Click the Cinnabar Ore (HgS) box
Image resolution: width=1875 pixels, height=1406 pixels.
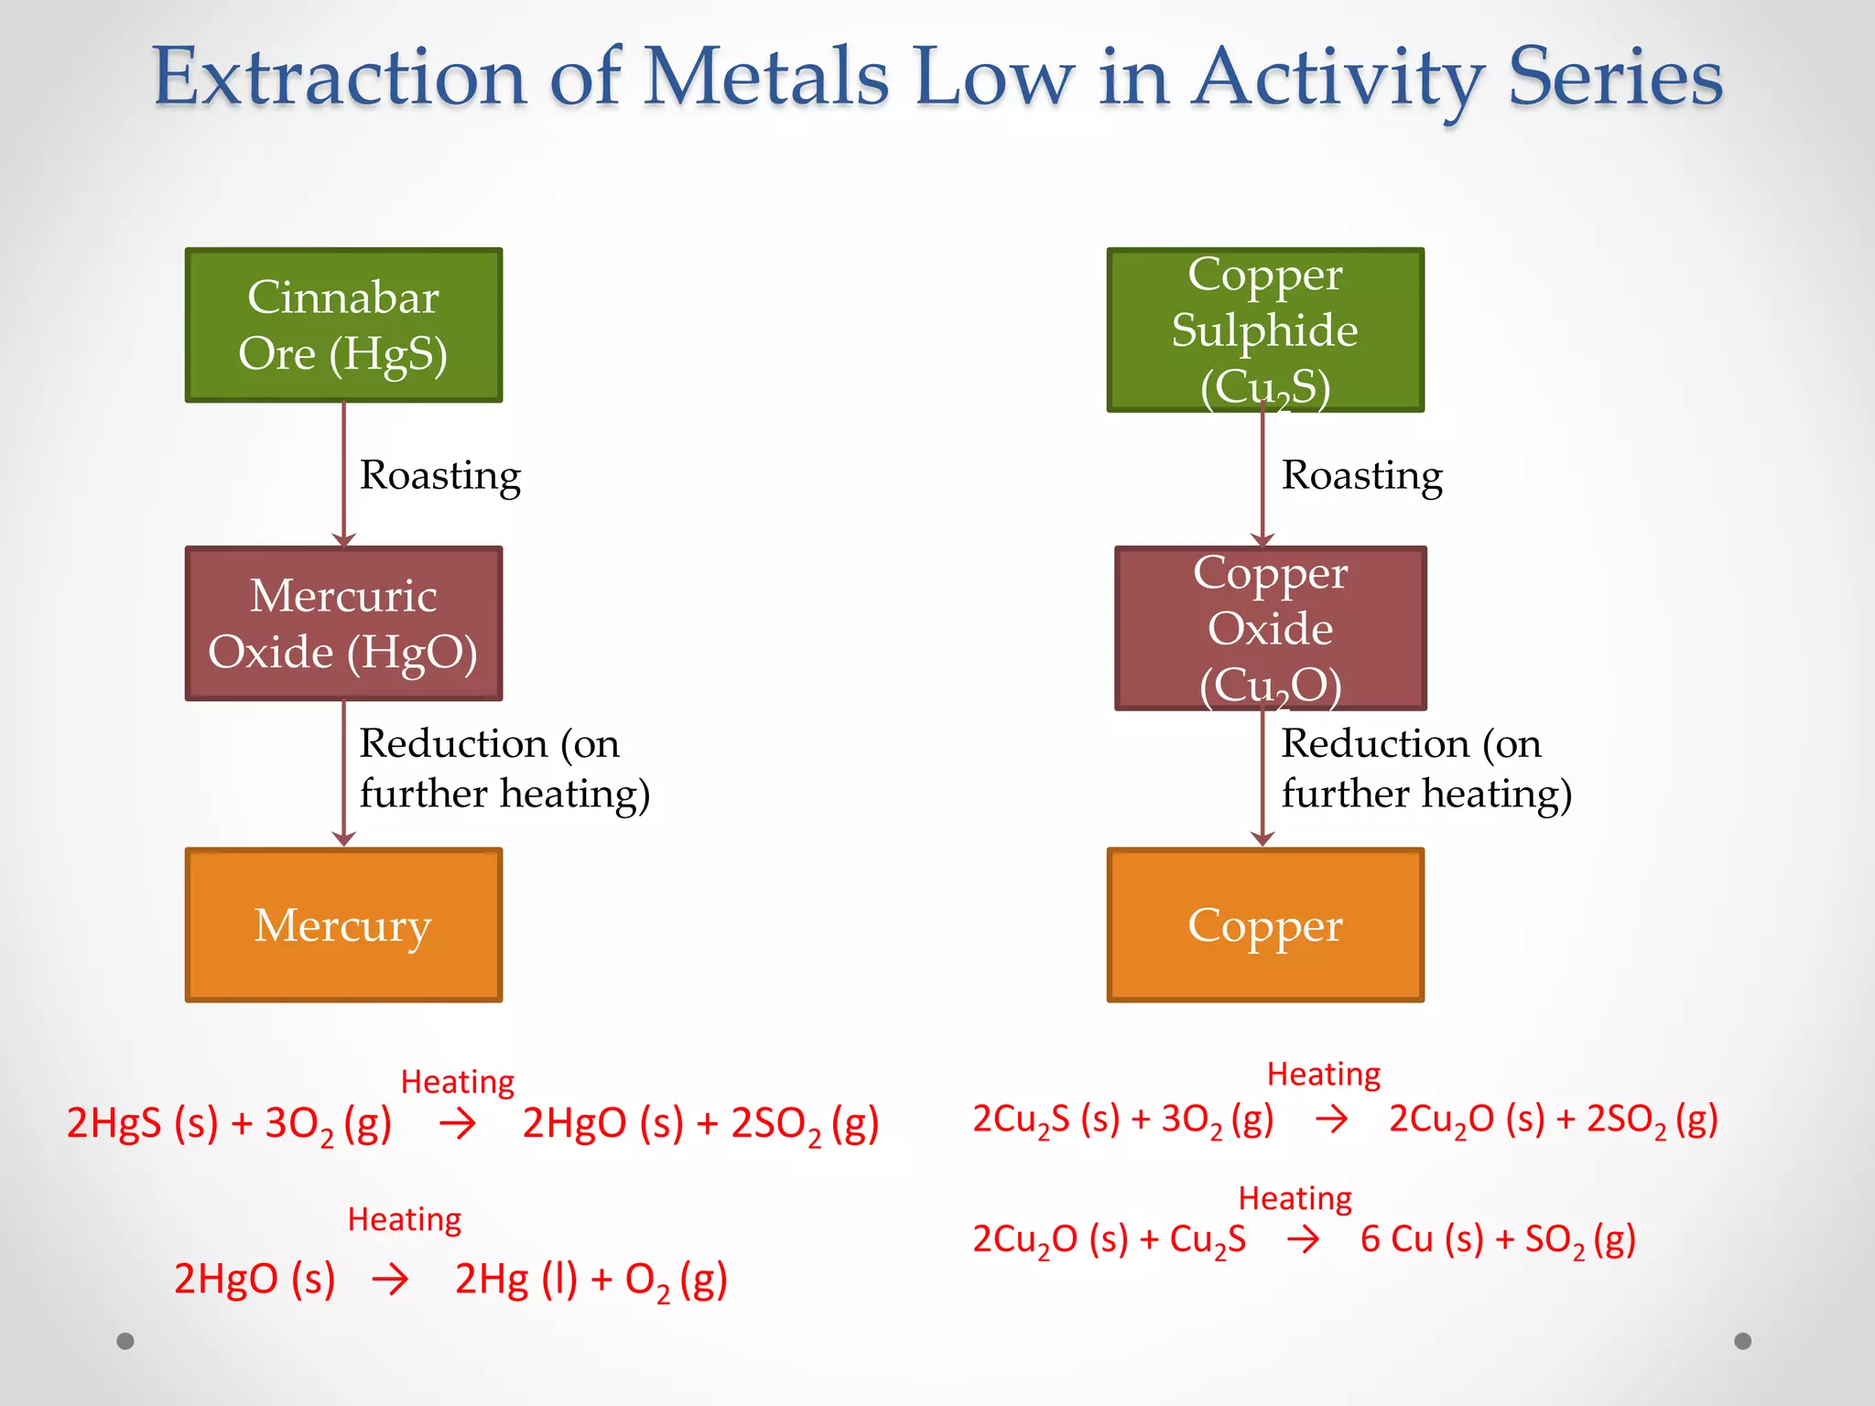[343, 325]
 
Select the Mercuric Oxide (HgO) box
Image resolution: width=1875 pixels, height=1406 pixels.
[343, 623]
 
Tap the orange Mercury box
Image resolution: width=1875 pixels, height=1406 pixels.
[343, 925]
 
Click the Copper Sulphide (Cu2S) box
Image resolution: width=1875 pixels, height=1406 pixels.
[1265, 330]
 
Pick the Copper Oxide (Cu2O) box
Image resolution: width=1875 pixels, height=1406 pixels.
[1270, 628]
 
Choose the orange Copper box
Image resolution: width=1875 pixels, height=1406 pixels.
[1265, 925]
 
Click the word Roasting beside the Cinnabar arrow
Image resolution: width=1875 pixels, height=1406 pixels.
[439, 476]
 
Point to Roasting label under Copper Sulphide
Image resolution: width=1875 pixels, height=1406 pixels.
[1361, 476]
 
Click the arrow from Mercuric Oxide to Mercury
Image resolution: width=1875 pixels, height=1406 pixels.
[343, 773]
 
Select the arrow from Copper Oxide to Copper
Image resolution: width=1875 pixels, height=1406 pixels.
[1263, 778]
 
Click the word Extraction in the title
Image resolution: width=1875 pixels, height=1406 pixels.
[339, 78]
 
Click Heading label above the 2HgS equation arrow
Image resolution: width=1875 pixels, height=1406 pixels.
[457, 1082]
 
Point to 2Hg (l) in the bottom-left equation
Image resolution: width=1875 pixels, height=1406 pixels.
[516, 1279]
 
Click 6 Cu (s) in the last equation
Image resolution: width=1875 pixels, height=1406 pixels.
[1421, 1239]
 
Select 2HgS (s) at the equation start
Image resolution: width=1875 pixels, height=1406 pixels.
[142, 1123]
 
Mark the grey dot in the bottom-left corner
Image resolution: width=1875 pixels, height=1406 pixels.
[125, 1341]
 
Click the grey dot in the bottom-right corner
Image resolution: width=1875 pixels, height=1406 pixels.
[1742, 1341]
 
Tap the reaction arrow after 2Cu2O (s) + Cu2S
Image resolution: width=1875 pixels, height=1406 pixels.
[1303, 1240]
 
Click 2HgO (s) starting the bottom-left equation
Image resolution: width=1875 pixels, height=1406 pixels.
[255, 1279]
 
